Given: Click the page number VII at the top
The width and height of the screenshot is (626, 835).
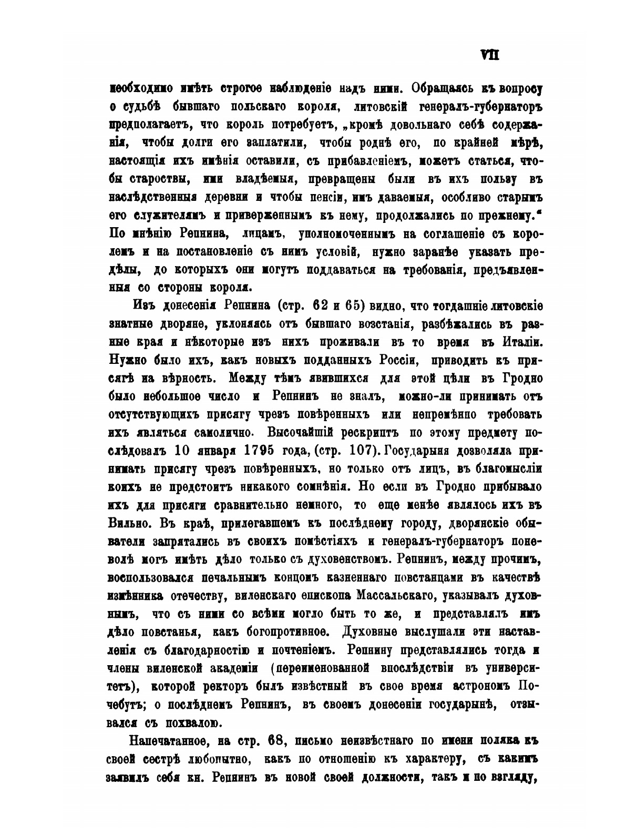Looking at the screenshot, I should coord(489,55).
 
